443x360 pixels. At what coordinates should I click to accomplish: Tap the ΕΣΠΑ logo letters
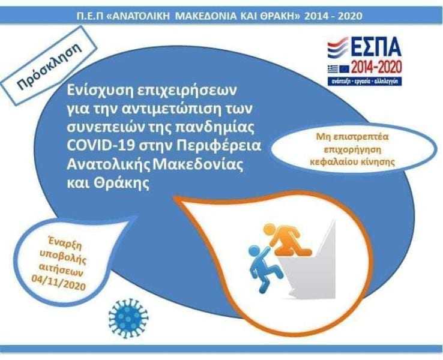tap(376, 48)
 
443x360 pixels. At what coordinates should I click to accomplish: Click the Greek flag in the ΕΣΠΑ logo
tap(333, 68)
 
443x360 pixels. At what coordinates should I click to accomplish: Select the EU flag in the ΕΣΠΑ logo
tap(344, 68)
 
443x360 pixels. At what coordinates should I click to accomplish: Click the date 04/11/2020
tap(58, 283)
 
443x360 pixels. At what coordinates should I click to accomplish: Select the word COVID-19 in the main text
tap(101, 146)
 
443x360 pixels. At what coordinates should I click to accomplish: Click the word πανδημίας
tap(215, 128)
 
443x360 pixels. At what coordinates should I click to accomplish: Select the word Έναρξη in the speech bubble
tap(65, 243)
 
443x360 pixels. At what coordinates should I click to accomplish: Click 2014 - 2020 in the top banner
tap(333, 16)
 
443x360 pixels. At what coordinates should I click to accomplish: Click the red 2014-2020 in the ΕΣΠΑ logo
tap(376, 68)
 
